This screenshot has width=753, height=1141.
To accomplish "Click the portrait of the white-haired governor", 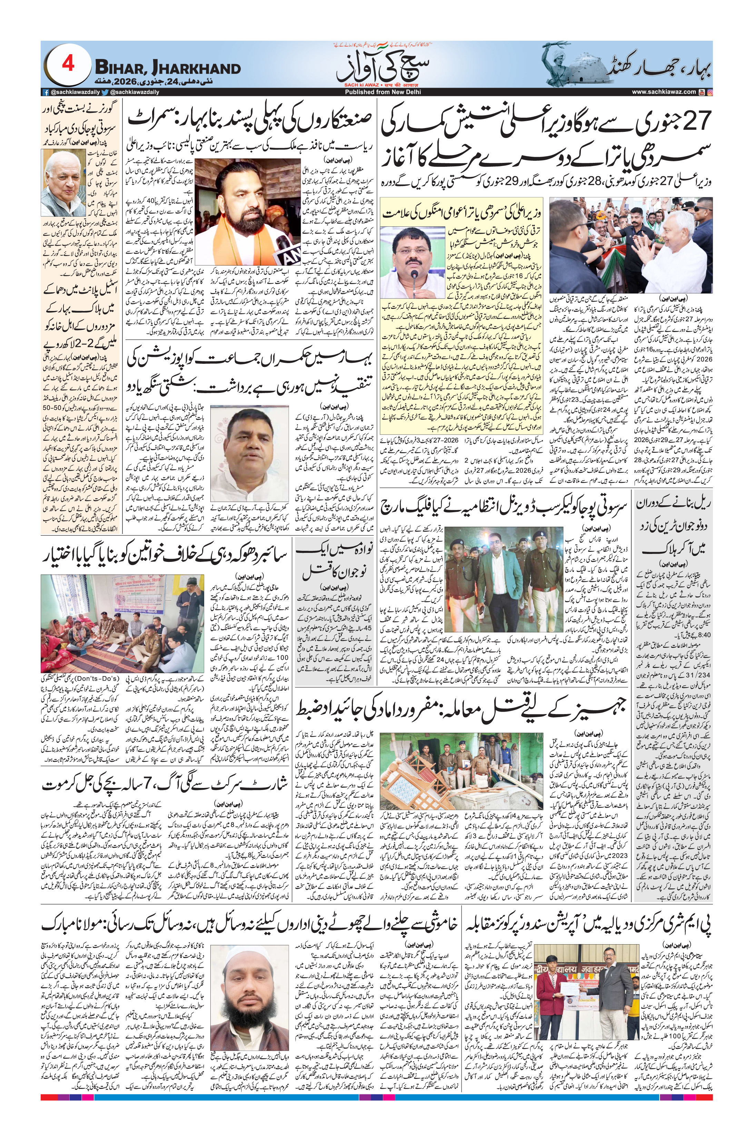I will [x=62, y=183].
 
